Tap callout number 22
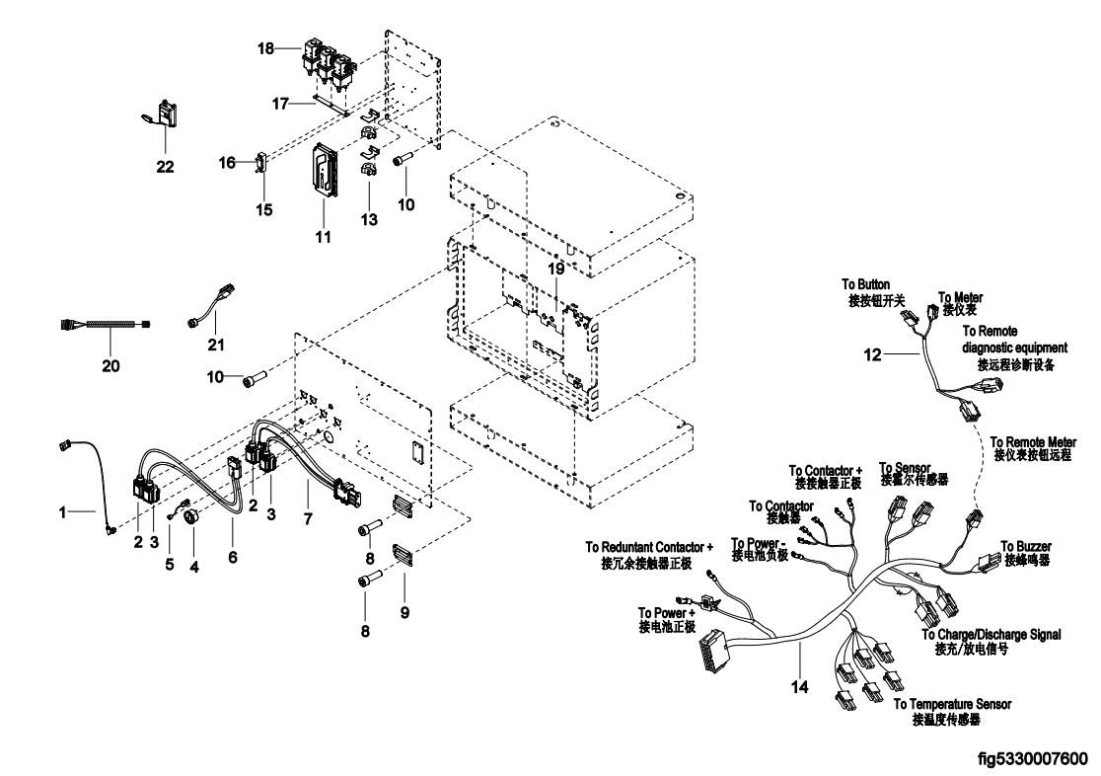click(165, 167)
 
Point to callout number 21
click(216, 345)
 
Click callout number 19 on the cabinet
click(557, 268)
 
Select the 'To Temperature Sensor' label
click(952, 704)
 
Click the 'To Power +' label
click(668, 612)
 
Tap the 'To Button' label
click(867, 284)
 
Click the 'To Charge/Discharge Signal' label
click(991, 635)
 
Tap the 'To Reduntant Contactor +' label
click(649, 546)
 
